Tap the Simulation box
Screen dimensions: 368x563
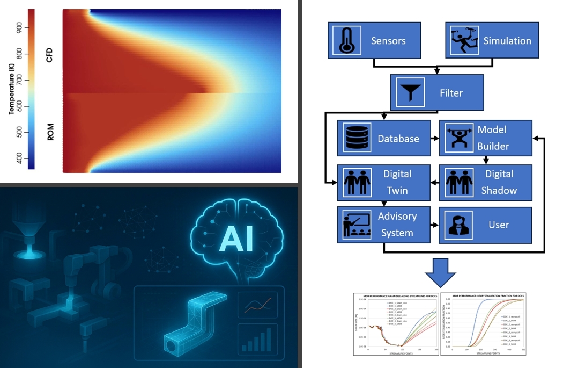(492, 41)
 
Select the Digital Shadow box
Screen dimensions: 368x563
(485, 182)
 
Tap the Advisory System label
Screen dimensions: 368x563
(397, 225)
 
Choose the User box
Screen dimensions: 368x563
(485, 225)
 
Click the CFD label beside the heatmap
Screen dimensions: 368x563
(50, 55)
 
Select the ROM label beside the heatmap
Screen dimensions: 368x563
(50, 132)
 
